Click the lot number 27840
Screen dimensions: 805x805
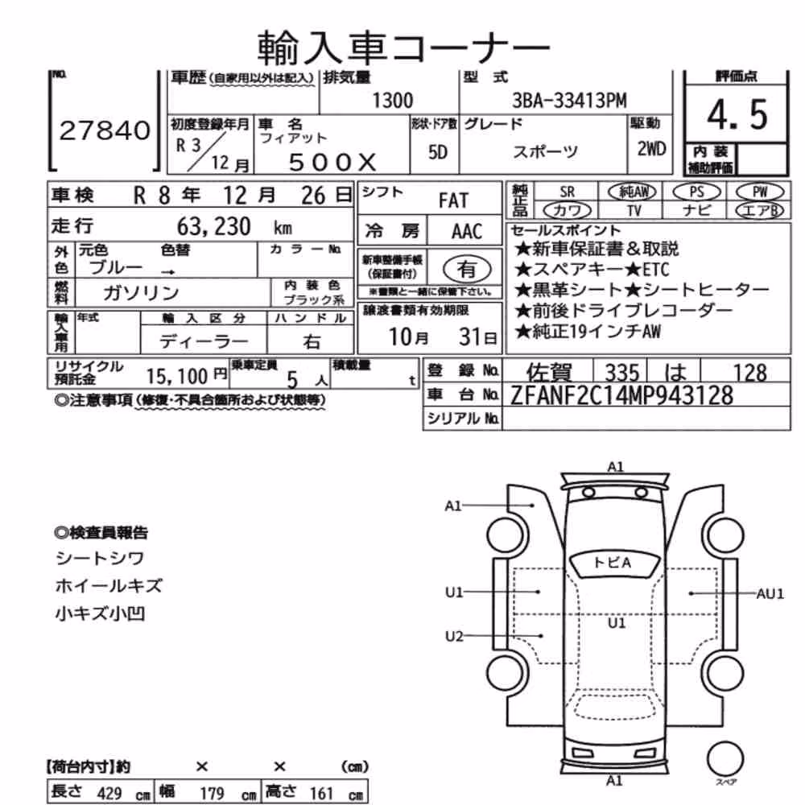[x=105, y=130]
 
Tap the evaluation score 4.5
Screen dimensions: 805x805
[x=737, y=114]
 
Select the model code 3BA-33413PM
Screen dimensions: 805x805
[x=569, y=101]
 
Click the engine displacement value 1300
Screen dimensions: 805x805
[x=392, y=101]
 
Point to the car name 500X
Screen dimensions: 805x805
[x=332, y=163]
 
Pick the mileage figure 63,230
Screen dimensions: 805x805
[x=213, y=226]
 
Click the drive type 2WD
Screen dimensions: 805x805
[x=651, y=149]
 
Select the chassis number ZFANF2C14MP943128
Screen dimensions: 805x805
[x=621, y=396]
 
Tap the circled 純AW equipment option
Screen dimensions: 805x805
[x=632, y=192]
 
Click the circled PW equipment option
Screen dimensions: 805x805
[x=760, y=192]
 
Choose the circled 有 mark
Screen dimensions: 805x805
[x=467, y=269]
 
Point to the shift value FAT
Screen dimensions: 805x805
[x=453, y=200]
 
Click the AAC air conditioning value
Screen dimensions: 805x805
[x=467, y=232]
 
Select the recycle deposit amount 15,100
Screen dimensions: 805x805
[x=177, y=377]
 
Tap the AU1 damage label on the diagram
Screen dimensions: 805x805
[x=770, y=594]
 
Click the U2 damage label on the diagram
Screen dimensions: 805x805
[x=454, y=637]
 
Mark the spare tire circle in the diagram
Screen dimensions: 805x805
[x=725, y=759]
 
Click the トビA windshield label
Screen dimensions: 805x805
[x=612, y=563]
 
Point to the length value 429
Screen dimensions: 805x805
[x=109, y=793]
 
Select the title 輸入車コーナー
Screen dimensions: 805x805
[x=403, y=47]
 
